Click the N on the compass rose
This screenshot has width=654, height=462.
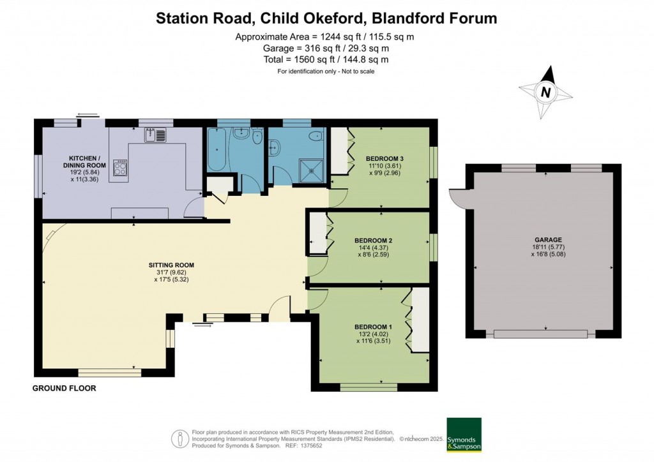coord(545,92)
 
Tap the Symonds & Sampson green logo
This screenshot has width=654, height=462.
coord(463,435)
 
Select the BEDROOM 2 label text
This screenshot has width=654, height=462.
coord(373,241)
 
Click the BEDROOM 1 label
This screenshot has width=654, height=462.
coord(373,327)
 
